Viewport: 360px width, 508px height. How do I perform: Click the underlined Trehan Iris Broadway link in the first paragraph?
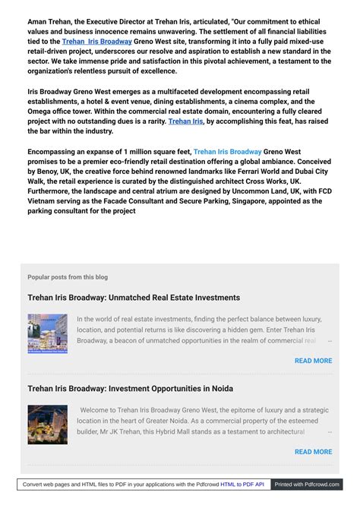pos(96,42)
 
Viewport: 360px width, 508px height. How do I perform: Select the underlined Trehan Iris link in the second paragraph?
pos(185,121)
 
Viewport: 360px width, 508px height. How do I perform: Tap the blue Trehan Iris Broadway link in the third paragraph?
pos(227,152)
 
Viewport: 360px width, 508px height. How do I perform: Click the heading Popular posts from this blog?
pos(68,277)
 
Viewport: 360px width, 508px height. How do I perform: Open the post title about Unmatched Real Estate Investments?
pos(134,298)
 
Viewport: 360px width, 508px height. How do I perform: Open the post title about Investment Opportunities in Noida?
pos(130,389)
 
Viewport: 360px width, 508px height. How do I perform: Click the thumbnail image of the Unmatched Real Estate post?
pos(47,333)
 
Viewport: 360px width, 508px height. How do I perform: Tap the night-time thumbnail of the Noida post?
pos(47,424)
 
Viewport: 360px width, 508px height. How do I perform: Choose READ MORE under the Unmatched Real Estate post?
pos(313,361)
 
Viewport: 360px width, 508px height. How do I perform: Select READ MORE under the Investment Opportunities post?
pos(313,452)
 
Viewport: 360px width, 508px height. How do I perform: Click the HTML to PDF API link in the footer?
pos(242,484)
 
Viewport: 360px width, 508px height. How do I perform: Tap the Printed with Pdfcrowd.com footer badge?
pos(307,484)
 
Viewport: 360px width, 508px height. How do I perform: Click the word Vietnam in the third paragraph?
pos(46,201)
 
